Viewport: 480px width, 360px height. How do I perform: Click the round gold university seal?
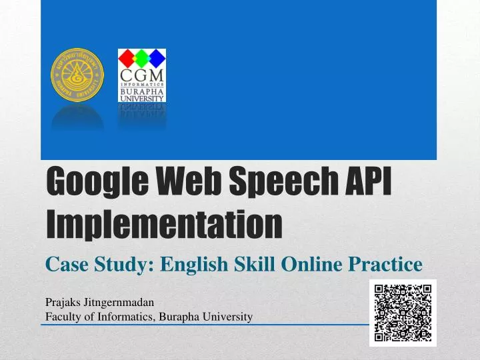pos(78,75)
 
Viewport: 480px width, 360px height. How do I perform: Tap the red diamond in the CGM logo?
pos(127,57)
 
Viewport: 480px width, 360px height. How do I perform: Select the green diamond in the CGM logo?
pos(141,57)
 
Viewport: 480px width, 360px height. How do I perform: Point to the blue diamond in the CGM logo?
pos(157,57)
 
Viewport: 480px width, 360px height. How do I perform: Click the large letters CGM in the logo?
pos(141,73)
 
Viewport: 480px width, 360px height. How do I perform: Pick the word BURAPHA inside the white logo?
pos(141,91)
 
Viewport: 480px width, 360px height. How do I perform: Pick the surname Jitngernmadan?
pos(117,302)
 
